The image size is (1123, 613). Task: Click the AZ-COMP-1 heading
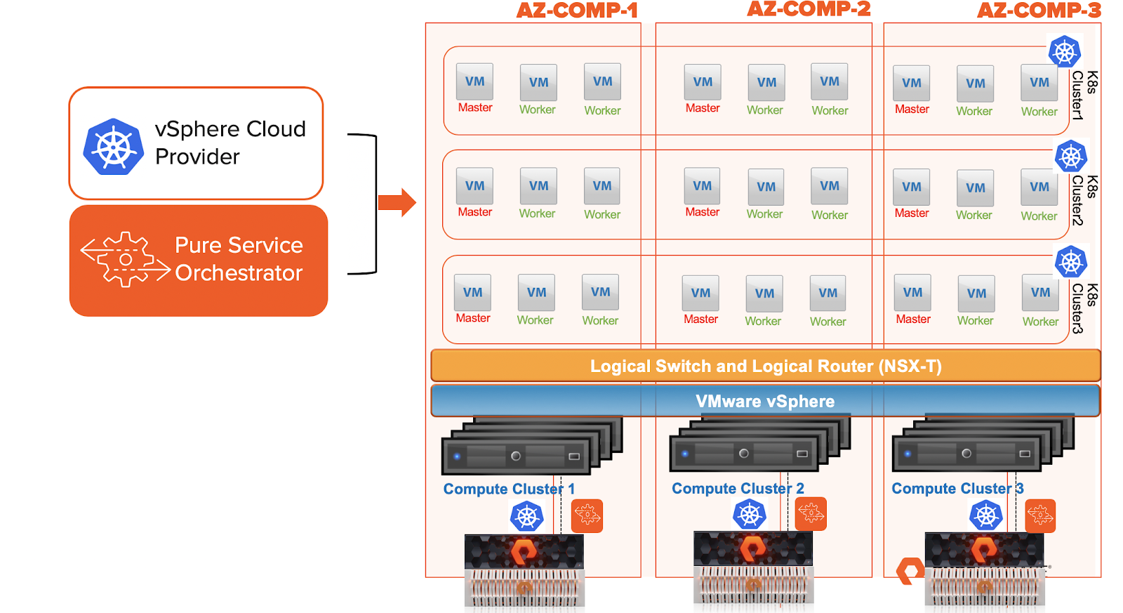click(577, 11)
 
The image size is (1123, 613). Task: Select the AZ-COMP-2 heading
click(809, 9)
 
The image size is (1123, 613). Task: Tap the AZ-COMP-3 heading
click(1039, 11)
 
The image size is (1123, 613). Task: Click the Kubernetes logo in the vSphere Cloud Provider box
click(114, 147)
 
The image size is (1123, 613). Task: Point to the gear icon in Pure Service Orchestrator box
click(126, 259)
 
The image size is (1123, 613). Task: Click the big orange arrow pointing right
click(397, 203)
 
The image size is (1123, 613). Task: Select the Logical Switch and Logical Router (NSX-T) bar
click(765, 366)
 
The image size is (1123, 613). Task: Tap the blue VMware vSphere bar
click(765, 401)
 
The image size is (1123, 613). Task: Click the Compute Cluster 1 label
click(509, 489)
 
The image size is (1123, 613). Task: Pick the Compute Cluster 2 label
click(738, 488)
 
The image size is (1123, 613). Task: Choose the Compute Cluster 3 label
click(957, 488)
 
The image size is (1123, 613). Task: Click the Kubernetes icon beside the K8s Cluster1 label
click(1065, 51)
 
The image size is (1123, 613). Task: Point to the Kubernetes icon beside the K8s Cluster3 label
click(1071, 263)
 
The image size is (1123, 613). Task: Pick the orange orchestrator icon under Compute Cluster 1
click(587, 516)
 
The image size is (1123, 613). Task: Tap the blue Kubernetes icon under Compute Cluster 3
click(986, 516)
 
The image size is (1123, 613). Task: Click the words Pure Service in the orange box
click(239, 245)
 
